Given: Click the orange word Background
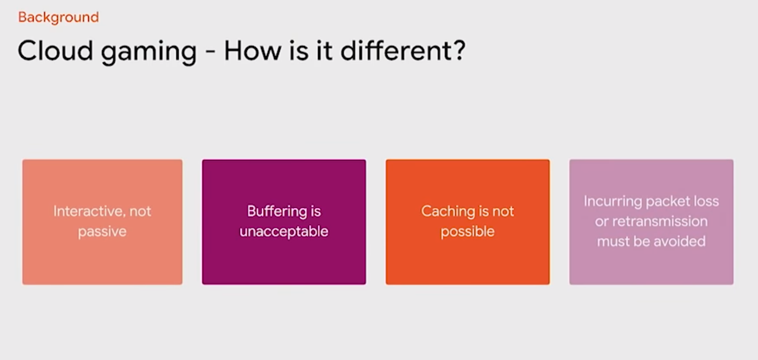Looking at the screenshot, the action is pyautogui.click(x=58, y=18).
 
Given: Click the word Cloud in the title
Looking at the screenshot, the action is pyautogui.click(x=55, y=51).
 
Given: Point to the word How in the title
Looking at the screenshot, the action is pyautogui.click(x=252, y=51).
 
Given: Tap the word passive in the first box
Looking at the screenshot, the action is pyautogui.click(x=102, y=232).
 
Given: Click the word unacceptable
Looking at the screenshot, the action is pyautogui.click(x=284, y=232).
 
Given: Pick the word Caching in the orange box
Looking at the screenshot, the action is pyautogui.click(x=448, y=212).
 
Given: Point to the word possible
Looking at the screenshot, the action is pyautogui.click(x=467, y=232).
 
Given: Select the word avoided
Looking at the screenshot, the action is pyautogui.click(x=679, y=241).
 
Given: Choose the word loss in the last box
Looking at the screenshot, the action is pyautogui.click(x=702, y=202).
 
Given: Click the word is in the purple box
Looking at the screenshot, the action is pyautogui.click(x=316, y=212).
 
